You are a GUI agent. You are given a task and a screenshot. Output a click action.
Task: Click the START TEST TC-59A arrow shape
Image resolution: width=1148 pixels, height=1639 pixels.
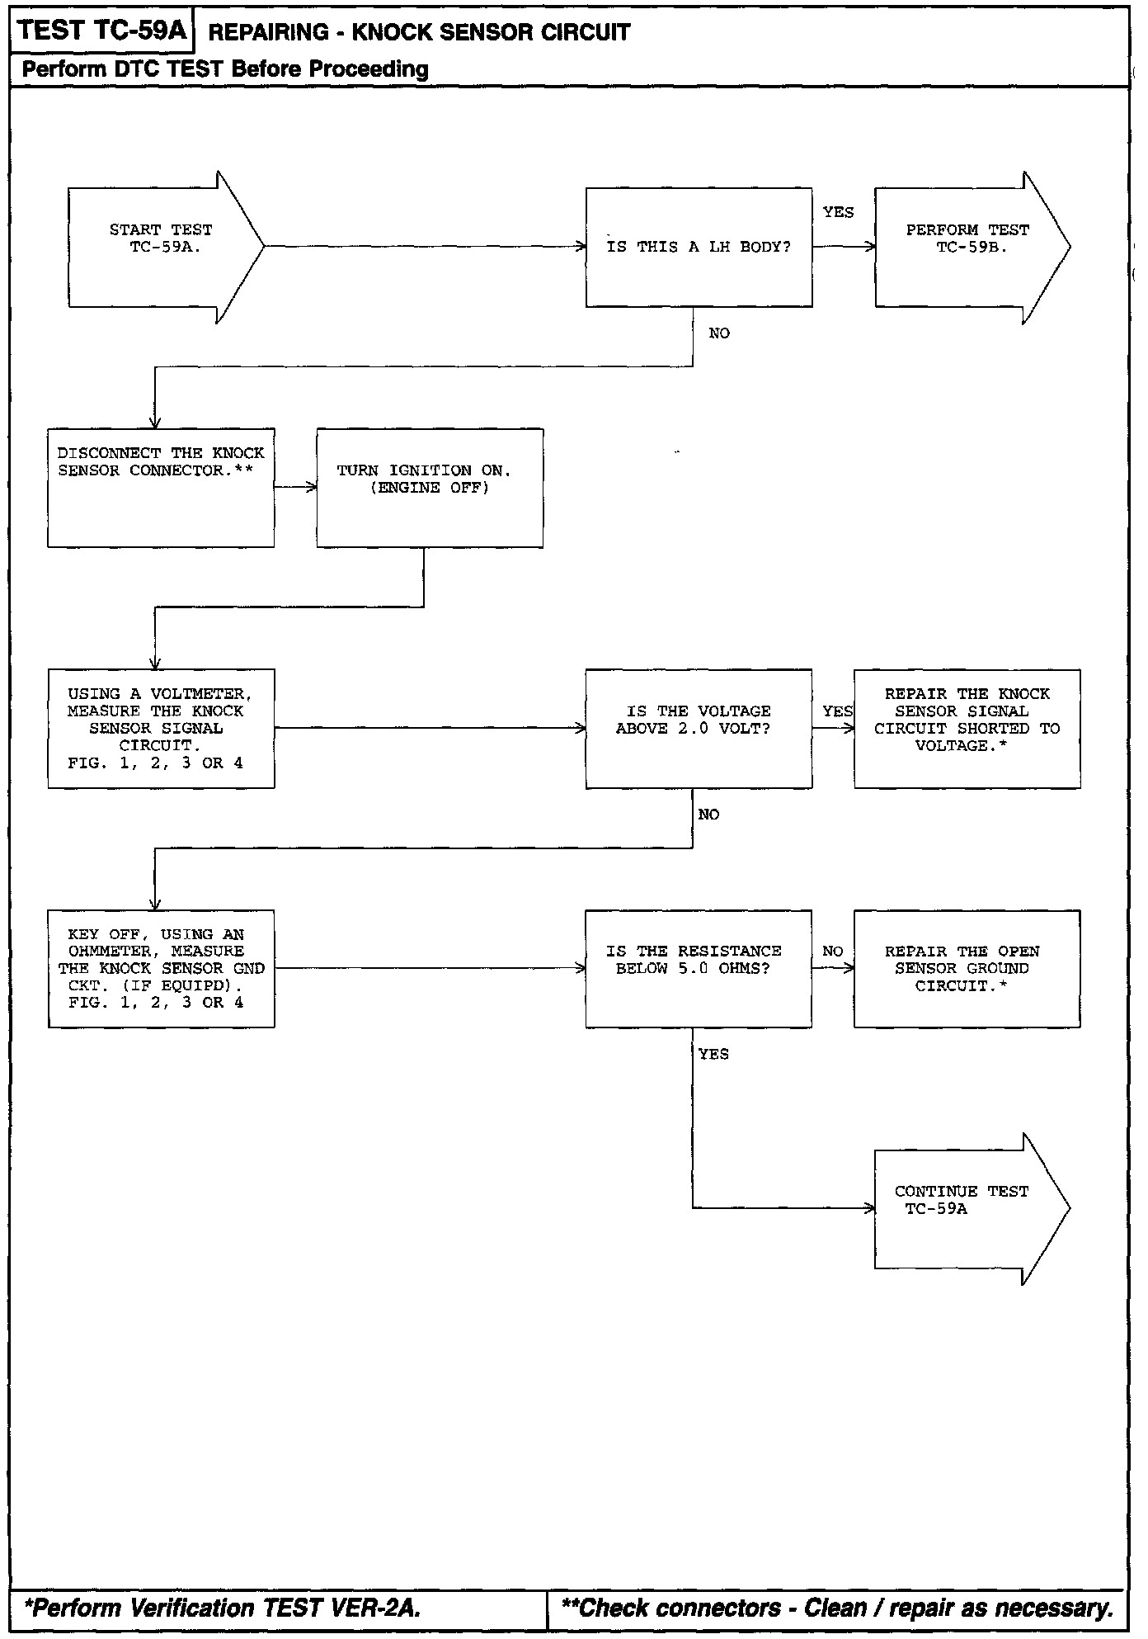tap(161, 247)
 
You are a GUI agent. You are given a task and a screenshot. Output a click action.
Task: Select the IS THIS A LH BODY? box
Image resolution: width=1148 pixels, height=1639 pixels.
tap(699, 247)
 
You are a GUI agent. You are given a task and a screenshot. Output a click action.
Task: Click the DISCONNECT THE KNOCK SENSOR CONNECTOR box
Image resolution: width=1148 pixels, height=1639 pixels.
tap(161, 487)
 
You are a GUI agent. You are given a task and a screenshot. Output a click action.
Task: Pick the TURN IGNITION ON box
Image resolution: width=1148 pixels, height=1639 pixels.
tap(429, 487)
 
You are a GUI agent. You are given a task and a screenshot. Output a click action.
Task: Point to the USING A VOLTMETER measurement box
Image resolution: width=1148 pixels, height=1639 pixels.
tap(161, 728)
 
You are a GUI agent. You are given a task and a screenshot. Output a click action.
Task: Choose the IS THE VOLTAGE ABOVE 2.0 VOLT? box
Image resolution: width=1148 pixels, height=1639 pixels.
tap(699, 728)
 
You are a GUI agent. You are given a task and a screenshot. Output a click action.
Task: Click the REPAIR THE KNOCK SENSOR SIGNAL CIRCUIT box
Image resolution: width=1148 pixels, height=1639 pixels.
tap(967, 728)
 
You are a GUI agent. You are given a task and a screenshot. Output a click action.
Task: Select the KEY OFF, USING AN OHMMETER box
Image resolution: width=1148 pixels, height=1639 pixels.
tap(161, 968)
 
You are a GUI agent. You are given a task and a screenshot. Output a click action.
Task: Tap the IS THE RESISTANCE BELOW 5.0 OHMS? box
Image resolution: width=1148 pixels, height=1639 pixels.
tap(699, 968)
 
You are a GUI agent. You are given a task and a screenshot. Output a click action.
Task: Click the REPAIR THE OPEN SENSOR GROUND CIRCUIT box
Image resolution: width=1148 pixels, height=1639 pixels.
tap(967, 968)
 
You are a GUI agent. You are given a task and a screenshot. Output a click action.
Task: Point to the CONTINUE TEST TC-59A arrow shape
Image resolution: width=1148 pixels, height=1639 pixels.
tap(965, 1208)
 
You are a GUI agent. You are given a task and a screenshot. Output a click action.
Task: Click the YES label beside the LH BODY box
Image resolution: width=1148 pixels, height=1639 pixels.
tap(838, 212)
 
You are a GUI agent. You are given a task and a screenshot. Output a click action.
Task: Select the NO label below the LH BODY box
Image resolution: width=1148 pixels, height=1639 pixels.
tap(719, 333)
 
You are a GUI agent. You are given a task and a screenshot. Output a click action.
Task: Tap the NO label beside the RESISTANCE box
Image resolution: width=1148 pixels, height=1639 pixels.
tap(832, 951)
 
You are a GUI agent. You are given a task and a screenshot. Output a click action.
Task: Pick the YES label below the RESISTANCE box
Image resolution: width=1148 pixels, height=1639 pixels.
tap(713, 1054)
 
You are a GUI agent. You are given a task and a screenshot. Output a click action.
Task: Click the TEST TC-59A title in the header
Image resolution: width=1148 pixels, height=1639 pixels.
tap(102, 31)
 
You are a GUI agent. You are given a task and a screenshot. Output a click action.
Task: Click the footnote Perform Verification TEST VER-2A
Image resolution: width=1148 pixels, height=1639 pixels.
tap(223, 1608)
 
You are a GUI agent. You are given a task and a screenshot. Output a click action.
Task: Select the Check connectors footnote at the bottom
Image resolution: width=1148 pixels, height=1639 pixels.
tap(836, 1608)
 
